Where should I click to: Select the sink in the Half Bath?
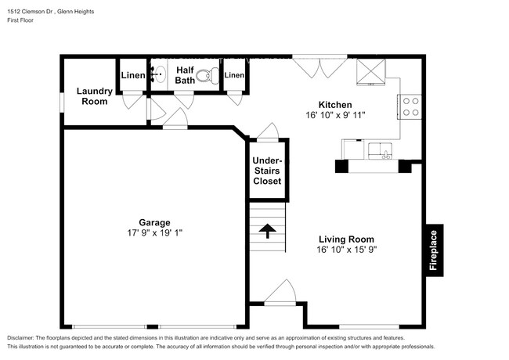(159, 75)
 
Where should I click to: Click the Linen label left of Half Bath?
(132, 75)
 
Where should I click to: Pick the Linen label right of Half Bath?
(235, 75)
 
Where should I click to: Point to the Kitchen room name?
(334, 105)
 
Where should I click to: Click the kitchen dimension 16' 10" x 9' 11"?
(334, 115)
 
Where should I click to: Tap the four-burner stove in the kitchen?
(410, 106)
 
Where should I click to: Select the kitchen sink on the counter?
(384, 150)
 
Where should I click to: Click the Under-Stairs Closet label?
(267, 171)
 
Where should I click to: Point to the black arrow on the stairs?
(267, 230)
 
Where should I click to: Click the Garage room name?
(155, 222)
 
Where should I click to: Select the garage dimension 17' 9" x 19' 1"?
(155, 232)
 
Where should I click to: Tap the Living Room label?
(345, 239)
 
